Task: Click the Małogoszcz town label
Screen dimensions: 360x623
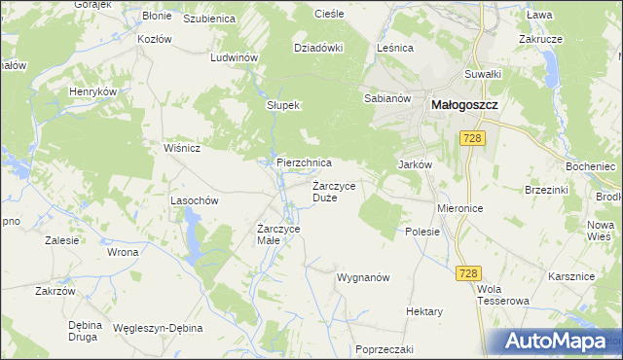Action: (464, 98)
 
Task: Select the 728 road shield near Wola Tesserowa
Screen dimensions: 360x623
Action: (468, 276)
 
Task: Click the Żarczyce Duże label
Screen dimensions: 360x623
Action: (338, 191)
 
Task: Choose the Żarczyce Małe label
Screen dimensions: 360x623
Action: (278, 234)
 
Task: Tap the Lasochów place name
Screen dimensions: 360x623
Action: (193, 199)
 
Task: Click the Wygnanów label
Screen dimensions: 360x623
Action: (363, 277)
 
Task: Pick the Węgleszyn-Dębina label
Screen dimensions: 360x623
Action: (159, 328)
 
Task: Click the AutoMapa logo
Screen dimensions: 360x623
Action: (561, 342)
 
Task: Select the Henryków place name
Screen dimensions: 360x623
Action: (92, 90)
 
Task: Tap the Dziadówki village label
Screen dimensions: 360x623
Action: (319, 46)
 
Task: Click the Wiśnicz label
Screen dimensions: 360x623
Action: (182, 149)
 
